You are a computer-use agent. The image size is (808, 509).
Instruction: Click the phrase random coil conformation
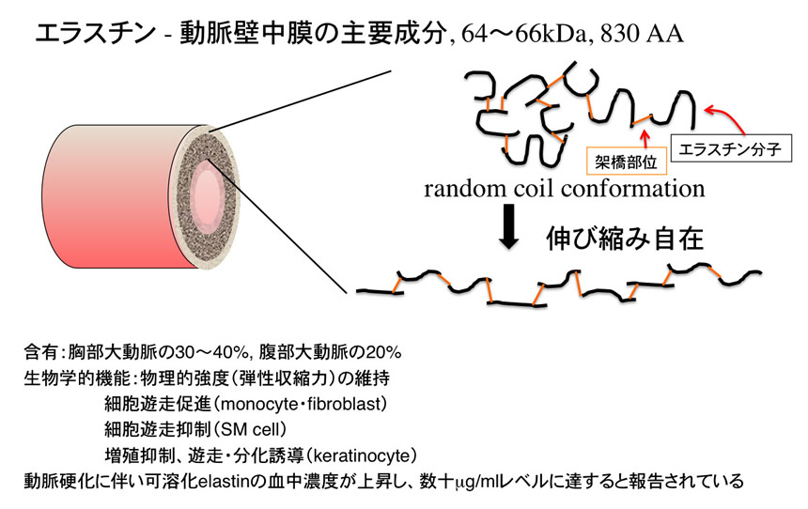coord(564,189)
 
